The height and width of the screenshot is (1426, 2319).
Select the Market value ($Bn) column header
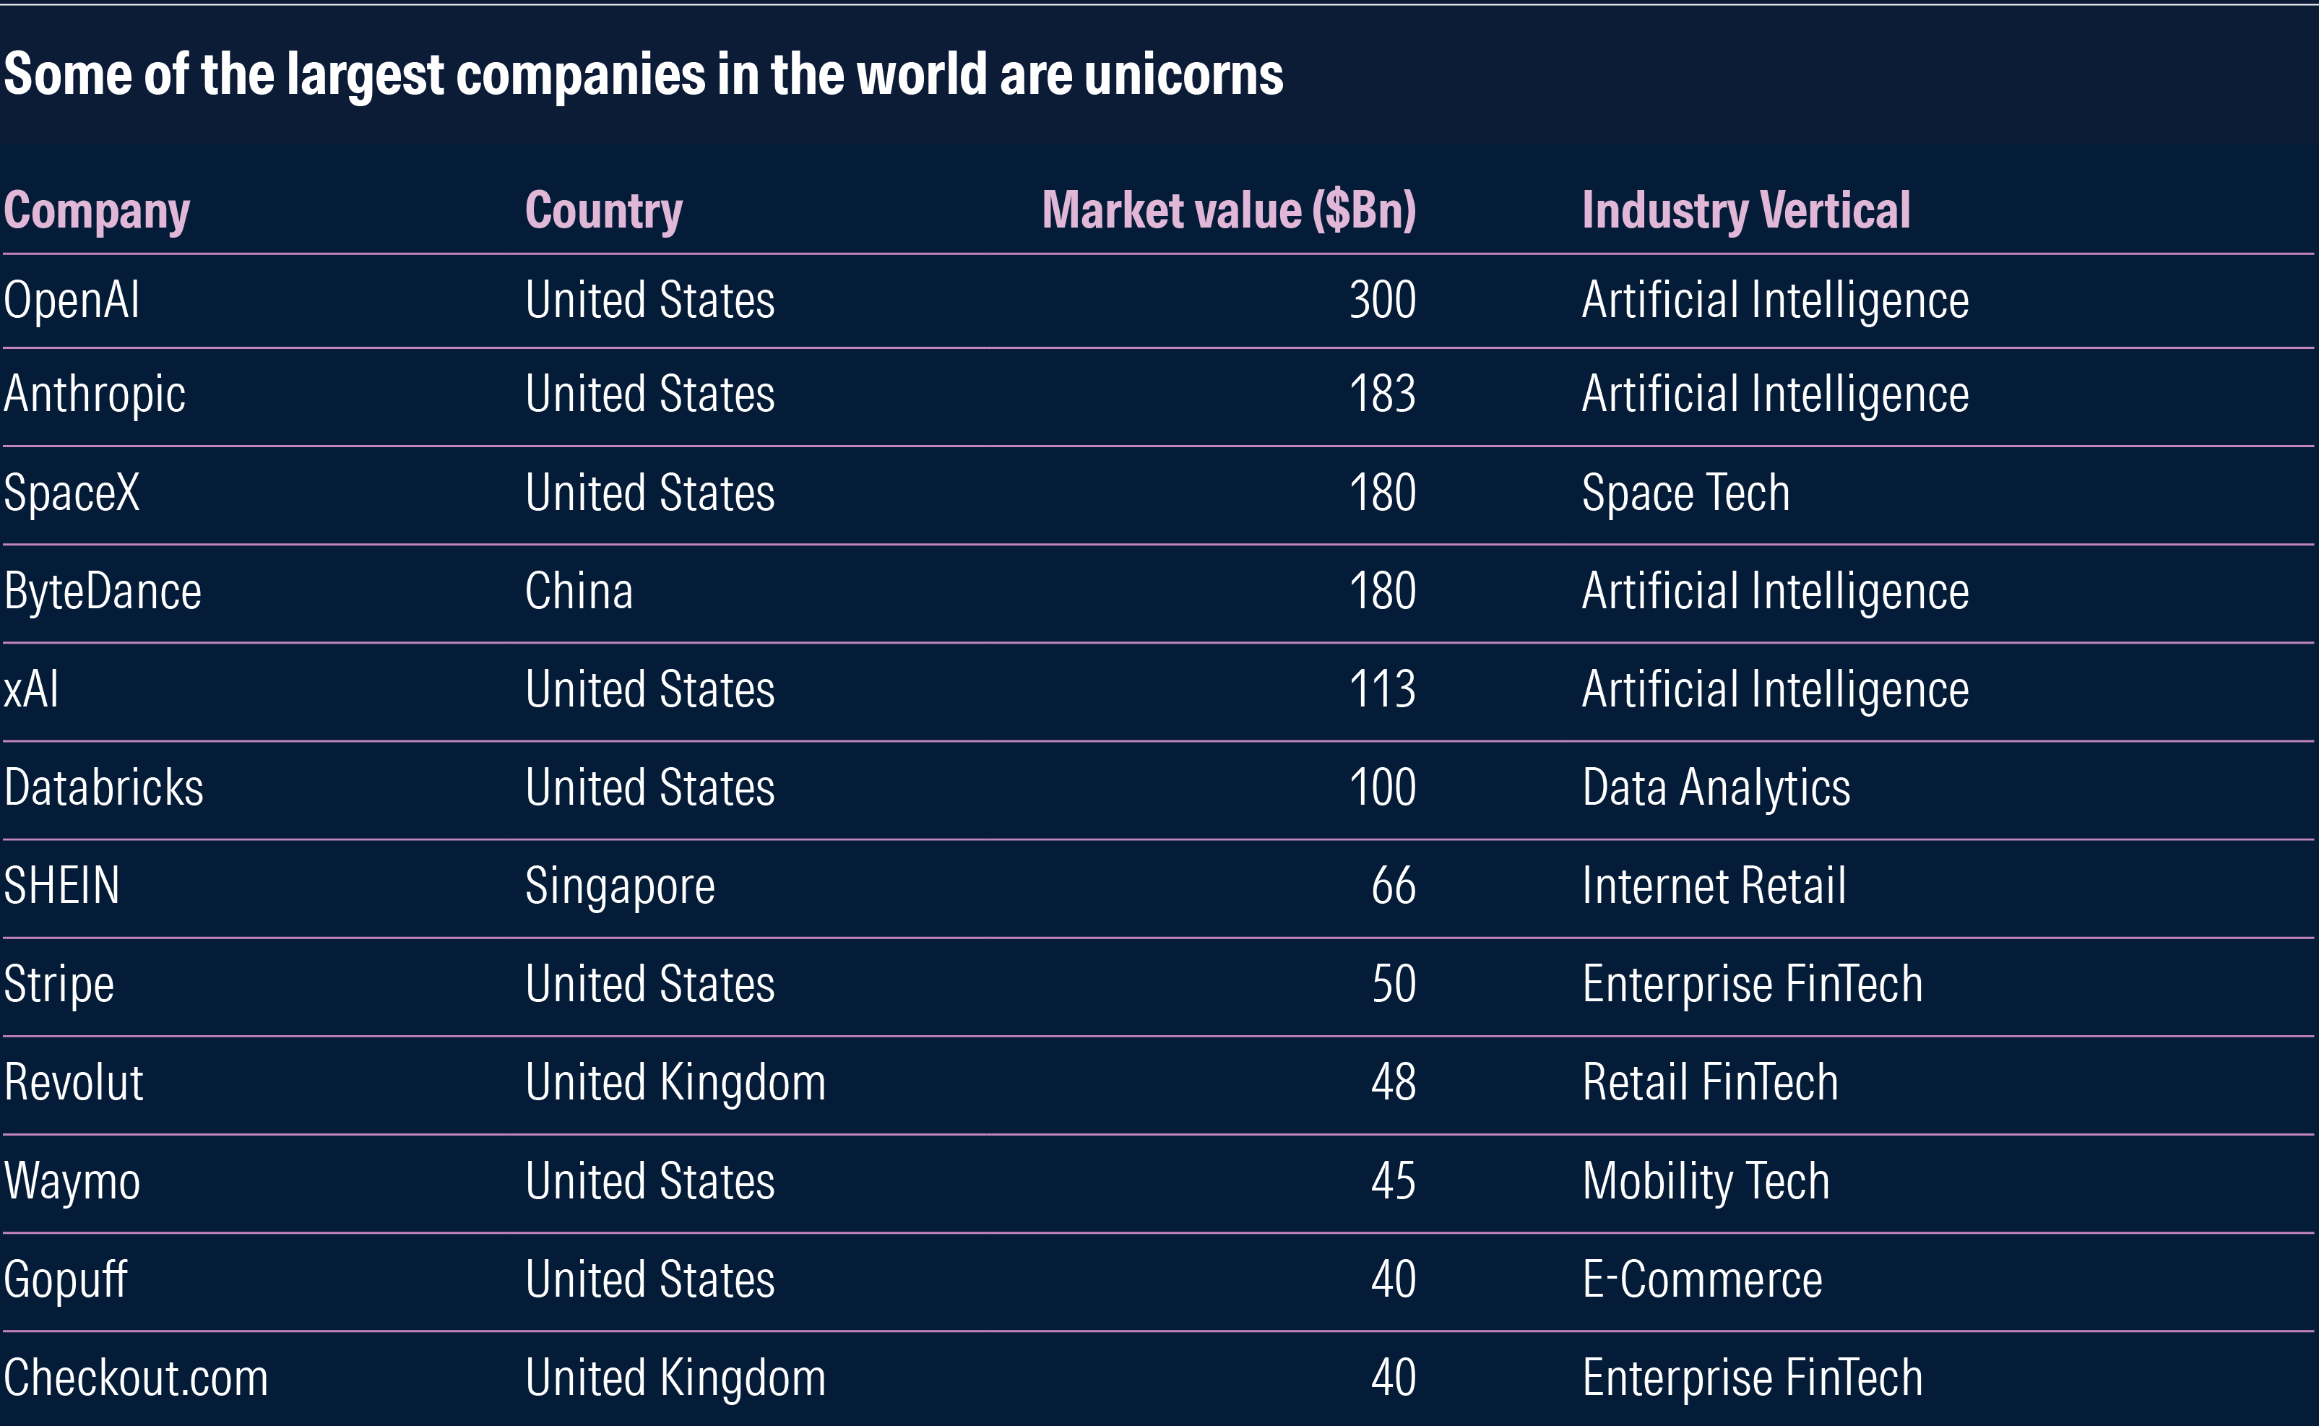coord(1228,210)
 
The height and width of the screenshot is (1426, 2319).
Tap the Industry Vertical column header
coord(1745,210)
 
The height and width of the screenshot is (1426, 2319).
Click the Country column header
coord(603,210)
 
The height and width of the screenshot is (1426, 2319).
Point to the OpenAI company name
coord(72,301)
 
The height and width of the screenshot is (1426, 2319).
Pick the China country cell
coord(578,592)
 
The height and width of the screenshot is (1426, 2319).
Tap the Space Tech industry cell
coord(1685,493)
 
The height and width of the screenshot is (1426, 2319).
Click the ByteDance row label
coord(102,592)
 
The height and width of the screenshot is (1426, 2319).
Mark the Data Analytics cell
coord(1716,787)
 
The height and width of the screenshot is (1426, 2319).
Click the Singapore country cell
coord(620,886)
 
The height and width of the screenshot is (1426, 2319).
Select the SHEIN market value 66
coord(1393,886)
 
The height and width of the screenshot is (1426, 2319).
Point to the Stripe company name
coord(59,985)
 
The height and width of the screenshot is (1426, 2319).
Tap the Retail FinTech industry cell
coord(1710,1083)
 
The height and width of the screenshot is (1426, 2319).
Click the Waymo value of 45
coord(1393,1181)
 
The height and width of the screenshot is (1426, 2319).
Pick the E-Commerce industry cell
coord(1701,1280)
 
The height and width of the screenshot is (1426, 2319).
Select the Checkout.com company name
coord(136,1378)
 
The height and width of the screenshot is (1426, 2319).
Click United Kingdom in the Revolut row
coord(675,1083)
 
